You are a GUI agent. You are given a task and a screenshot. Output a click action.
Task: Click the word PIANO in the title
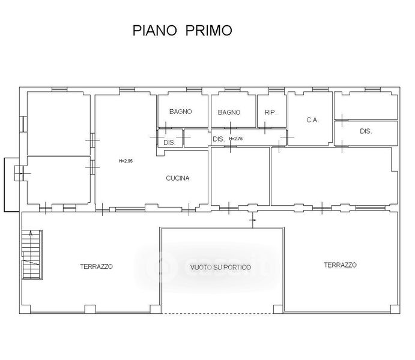(x=154, y=31)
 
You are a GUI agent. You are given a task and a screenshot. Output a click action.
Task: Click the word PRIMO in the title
(x=208, y=31)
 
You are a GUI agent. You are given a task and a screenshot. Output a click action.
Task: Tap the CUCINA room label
(x=178, y=178)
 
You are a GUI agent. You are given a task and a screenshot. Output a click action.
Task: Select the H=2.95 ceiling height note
(x=126, y=161)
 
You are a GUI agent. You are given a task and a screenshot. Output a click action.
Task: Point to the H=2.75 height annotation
(x=236, y=139)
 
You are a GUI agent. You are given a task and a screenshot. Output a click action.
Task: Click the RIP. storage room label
(x=270, y=113)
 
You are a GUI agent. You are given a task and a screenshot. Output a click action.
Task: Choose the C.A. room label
(x=312, y=120)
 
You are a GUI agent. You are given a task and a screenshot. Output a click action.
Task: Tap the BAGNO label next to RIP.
(x=229, y=113)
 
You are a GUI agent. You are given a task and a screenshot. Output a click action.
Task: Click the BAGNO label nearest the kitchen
(x=181, y=112)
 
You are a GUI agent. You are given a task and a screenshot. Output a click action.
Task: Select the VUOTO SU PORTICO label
(x=220, y=267)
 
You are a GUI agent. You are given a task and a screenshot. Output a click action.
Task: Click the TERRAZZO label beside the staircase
(x=96, y=266)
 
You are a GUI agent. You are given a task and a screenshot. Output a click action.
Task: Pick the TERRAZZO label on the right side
(x=340, y=265)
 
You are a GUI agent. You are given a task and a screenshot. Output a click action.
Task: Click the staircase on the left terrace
(x=32, y=254)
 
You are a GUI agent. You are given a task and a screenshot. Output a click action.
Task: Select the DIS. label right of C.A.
(x=366, y=131)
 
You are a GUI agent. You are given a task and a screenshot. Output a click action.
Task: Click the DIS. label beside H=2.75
(x=219, y=139)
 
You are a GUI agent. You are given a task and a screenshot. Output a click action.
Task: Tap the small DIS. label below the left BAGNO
(x=169, y=143)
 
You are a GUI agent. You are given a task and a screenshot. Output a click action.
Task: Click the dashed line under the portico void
(x=217, y=313)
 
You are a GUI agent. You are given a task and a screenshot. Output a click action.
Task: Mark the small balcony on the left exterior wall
(x=11, y=185)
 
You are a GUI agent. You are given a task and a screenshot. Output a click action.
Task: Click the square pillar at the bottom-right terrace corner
(x=395, y=309)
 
